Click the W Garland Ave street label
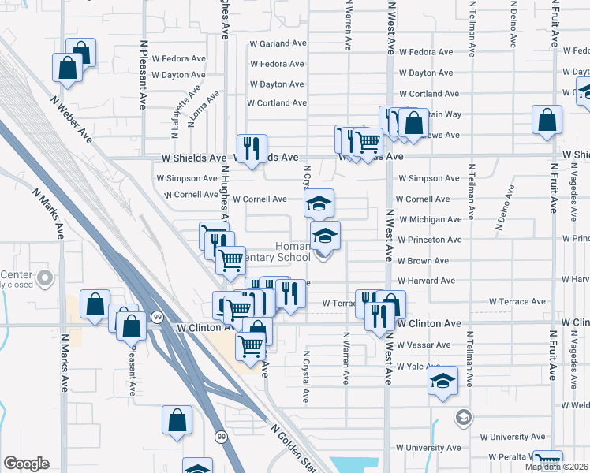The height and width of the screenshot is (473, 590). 277,44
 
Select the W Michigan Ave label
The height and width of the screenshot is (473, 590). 429,219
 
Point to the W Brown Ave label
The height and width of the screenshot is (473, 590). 423,260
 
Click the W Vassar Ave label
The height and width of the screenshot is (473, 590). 424,345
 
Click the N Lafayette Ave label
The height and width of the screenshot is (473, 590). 187,102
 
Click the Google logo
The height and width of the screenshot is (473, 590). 26,464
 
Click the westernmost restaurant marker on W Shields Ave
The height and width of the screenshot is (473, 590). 252,147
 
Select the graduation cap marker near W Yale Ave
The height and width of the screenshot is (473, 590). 443,381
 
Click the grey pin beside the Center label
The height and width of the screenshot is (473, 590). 46,277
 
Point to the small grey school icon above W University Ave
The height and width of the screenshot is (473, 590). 465,416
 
